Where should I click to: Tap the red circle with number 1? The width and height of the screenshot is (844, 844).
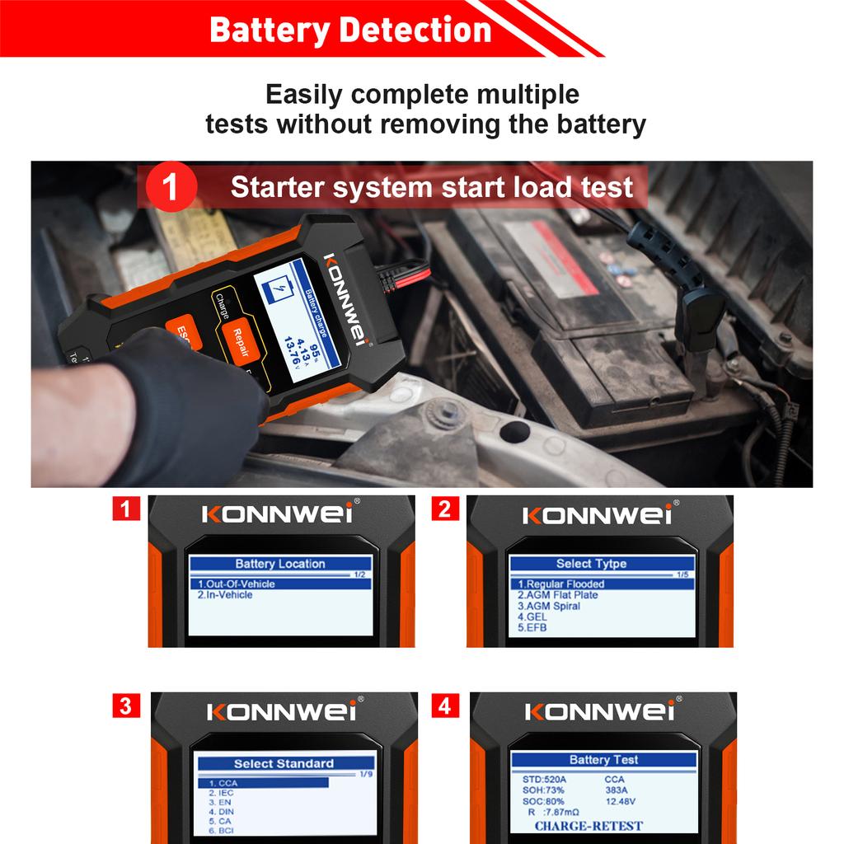(171, 188)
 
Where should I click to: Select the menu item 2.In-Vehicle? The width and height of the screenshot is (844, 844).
(225, 595)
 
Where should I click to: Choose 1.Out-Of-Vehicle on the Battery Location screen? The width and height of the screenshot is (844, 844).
(237, 584)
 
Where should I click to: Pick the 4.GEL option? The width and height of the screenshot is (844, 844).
(532, 617)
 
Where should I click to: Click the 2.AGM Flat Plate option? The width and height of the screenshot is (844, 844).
(558, 595)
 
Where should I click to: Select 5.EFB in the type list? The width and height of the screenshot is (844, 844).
(532, 627)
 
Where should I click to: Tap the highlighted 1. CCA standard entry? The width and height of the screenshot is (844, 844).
(223, 783)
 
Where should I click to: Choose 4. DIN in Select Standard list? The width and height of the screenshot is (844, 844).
(222, 812)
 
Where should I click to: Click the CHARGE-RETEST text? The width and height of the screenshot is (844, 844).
(588, 826)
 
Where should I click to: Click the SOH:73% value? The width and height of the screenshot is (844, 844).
(544, 790)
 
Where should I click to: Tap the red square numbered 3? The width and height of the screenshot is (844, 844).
(125, 706)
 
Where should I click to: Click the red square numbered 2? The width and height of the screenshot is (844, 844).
(444, 509)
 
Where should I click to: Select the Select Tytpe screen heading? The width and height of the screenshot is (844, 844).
(591, 564)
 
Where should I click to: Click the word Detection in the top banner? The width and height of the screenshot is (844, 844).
(415, 30)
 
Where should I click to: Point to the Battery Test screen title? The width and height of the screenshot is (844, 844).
(603, 760)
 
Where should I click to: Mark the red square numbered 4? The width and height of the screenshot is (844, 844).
(445, 706)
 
